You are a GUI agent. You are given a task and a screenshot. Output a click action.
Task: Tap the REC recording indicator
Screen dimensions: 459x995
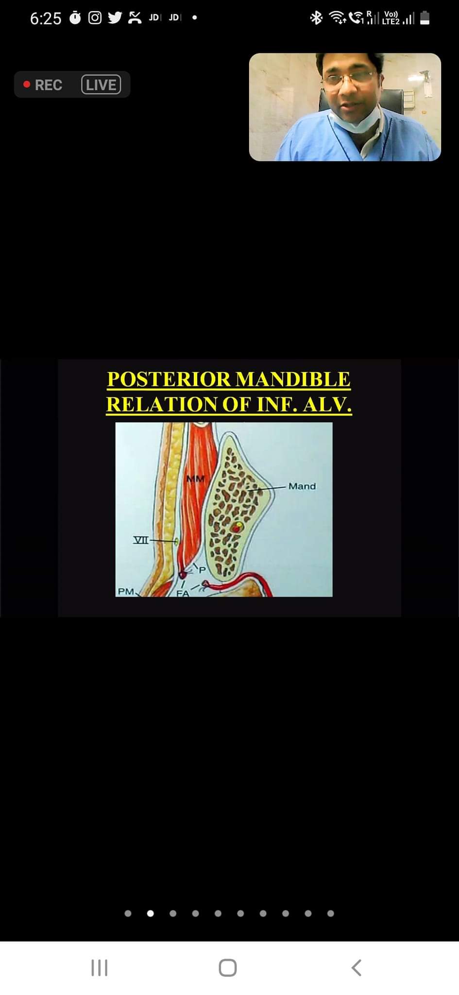(43, 85)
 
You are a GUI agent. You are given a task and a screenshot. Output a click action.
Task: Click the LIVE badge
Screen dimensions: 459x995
(101, 85)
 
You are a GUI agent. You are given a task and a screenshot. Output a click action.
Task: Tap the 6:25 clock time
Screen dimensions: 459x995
(46, 18)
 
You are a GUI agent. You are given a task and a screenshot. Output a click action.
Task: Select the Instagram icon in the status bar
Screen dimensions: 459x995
(95, 18)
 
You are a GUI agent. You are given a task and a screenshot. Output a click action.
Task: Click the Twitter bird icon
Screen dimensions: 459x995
(115, 18)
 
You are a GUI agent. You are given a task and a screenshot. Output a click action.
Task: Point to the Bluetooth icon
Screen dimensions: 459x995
(316, 18)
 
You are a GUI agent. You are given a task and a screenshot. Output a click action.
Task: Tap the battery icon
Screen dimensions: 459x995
(425, 18)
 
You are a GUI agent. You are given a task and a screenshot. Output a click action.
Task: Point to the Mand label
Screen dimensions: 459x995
(302, 486)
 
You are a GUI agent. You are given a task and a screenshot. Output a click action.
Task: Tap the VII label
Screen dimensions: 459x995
(141, 540)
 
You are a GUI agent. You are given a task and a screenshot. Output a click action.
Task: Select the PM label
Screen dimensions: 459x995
(126, 591)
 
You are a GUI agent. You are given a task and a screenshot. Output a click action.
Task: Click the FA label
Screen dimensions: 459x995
(183, 593)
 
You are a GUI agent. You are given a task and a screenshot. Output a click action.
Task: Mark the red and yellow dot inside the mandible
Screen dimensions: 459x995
(237, 527)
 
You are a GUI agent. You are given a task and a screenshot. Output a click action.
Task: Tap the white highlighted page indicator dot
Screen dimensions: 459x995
(151, 913)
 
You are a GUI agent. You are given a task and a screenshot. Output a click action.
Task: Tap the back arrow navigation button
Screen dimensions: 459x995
(357, 968)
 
